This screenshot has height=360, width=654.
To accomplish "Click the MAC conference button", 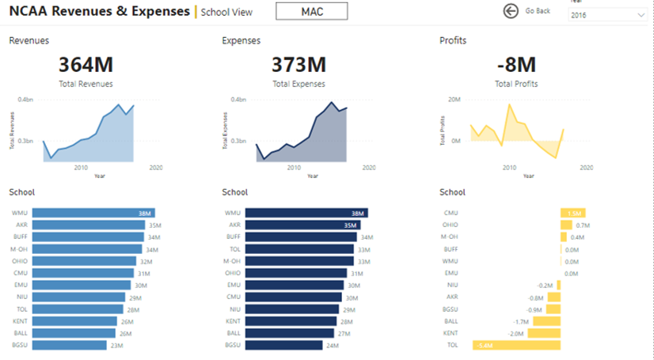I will pyautogui.click(x=312, y=12).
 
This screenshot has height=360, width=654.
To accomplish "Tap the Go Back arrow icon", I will pyautogui.click(x=511, y=10).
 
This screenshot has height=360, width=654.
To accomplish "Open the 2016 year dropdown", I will pyautogui.click(x=606, y=15).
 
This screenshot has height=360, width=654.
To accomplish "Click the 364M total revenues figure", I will pyautogui.click(x=86, y=65).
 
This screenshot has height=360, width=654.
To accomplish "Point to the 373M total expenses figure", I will pyautogui.click(x=298, y=65).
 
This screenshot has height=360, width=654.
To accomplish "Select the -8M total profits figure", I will pyautogui.click(x=515, y=65).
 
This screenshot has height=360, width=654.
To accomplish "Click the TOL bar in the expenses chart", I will pyautogui.click(x=298, y=248).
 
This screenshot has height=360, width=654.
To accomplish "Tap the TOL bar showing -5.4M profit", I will pyautogui.click(x=516, y=345).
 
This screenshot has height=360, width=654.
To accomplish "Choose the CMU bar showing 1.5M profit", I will pyautogui.click(x=572, y=213).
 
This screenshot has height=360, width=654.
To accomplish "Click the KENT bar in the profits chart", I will pyautogui.click(x=544, y=333).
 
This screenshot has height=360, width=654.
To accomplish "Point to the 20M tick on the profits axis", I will pyautogui.click(x=454, y=100).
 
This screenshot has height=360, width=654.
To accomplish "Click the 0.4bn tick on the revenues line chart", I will pyautogui.click(x=26, y=100).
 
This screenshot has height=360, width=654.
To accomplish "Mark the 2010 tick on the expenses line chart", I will pyautogui.click(x=295, y=168).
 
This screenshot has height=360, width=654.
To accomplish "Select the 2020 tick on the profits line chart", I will pyautogui.click(x=586, y=168).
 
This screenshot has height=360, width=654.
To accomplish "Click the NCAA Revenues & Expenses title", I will pyautogui.click(x=100, y=11).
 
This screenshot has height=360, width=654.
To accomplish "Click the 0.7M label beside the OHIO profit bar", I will pyautogui.click(x=583, y=225).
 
